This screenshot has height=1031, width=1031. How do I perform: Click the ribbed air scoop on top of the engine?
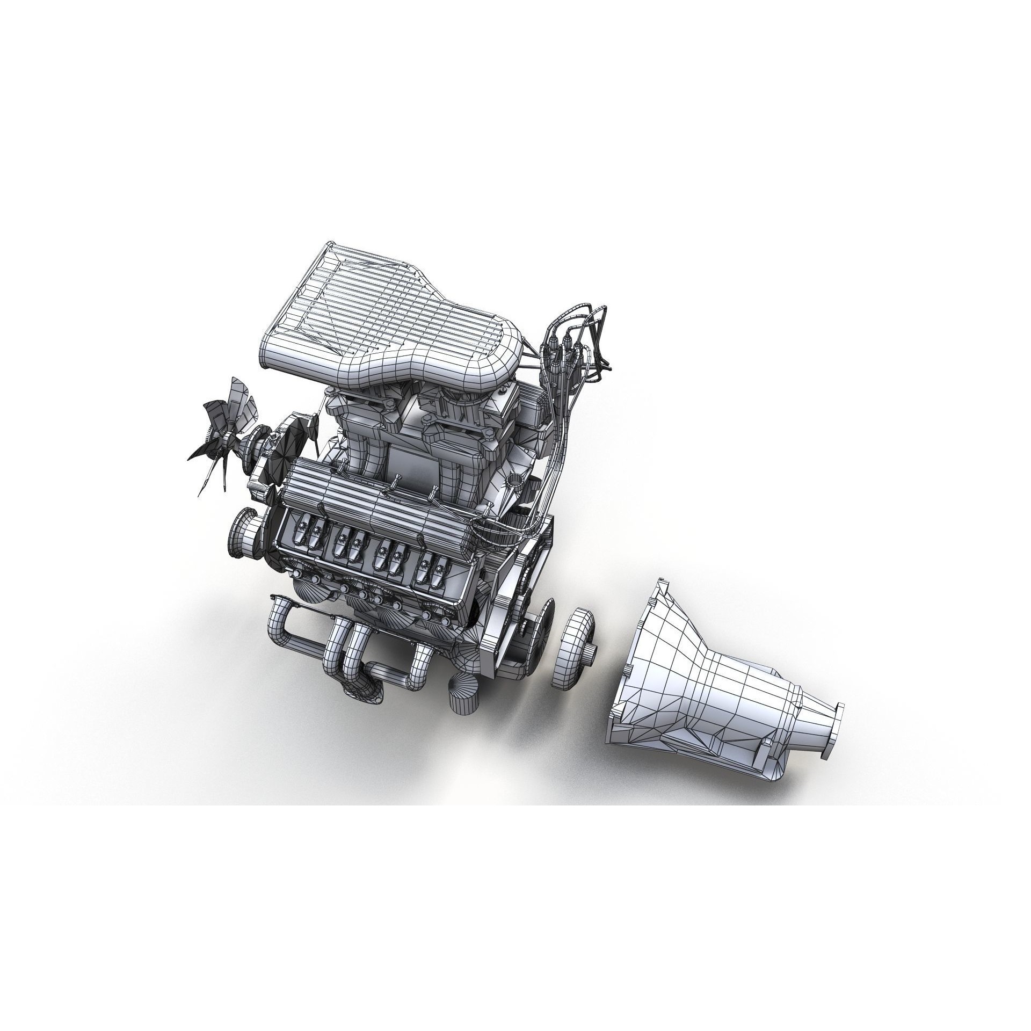click(387, 317)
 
